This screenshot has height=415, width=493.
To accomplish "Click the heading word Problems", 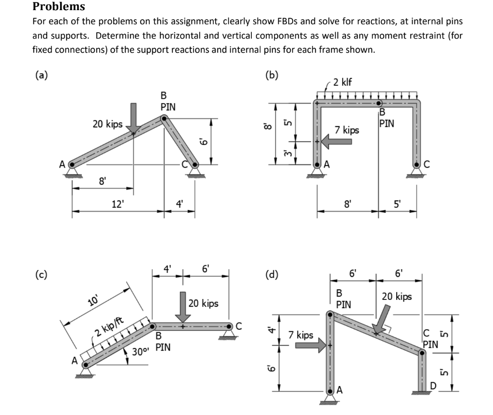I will pos(58,6).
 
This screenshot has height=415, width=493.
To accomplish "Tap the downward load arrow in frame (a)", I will pos(134,117).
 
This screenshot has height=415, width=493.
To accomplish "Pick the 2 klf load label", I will pos(342,82).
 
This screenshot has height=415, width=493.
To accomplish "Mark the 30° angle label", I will pos(139,351).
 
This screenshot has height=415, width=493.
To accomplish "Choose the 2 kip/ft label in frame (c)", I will pos(109,326).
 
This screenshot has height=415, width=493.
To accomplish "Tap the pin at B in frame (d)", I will pos(330,314).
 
